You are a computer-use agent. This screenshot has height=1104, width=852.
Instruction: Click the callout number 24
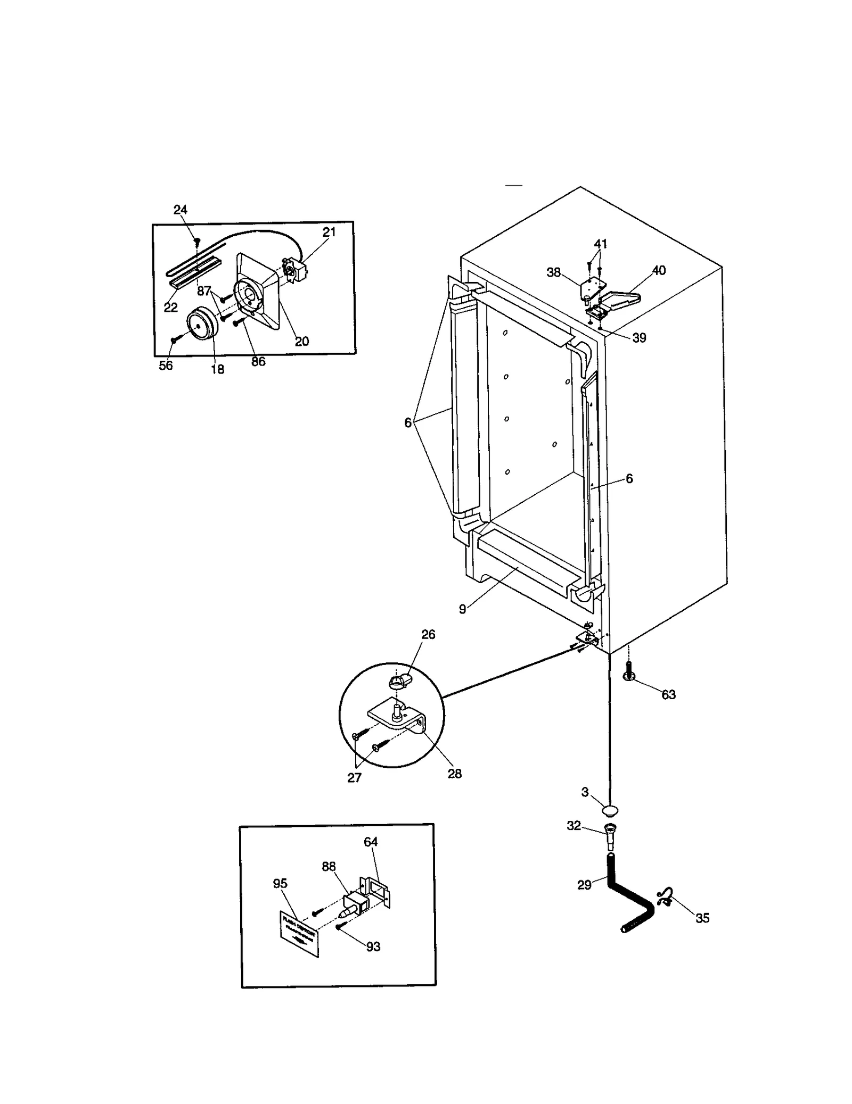[x=181, y=210]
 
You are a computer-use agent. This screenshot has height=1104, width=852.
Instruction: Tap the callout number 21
[x=329, y=232]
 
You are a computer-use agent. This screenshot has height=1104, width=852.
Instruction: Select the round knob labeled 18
[x=200, y=325]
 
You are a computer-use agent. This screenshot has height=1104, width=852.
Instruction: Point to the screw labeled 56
[x=174, y=338]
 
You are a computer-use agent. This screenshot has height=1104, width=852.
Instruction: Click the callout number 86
[x=258, y=361]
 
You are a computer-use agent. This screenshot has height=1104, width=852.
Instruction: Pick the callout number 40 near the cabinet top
[x=659, y=270]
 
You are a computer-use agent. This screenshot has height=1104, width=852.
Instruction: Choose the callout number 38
[x=554, y=272]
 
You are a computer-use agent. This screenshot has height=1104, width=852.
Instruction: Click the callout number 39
[x=639, y=337]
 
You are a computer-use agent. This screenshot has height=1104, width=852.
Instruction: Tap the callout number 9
[x=462, y=609]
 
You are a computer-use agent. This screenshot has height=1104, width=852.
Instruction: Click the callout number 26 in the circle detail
[x=428, y=634]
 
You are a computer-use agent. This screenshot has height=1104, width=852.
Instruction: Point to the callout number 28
[x=454, y=774]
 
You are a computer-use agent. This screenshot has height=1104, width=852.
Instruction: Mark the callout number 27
[x=354, y=777]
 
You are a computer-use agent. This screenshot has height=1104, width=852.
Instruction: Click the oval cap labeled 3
[x=610, y=811]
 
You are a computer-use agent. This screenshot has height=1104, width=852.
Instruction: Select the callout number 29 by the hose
[x=584, y=885]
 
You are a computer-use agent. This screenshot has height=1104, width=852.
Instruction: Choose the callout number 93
[x=373, y=947]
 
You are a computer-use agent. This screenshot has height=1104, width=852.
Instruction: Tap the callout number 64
[x=371, y=842]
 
